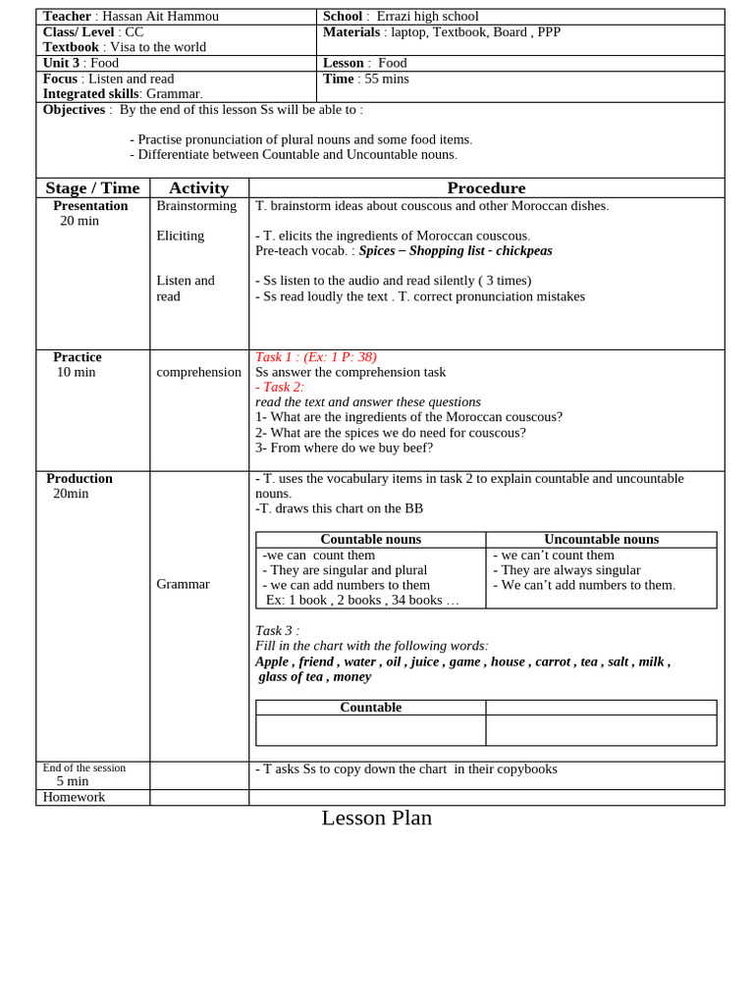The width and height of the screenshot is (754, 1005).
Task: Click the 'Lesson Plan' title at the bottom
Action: [x=376, y=818]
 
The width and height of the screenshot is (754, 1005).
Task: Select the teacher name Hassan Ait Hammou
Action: [x=161, y=17]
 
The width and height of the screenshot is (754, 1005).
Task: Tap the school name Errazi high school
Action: [x=427, y=17]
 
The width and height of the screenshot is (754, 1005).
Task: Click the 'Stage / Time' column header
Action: [x=92, y=188]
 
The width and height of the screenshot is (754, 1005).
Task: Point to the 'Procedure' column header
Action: [x=486, y=188]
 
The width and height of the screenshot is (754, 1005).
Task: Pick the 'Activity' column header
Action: [x=198, y=188]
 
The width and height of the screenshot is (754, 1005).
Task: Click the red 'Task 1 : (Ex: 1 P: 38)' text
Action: [x=315, y=357]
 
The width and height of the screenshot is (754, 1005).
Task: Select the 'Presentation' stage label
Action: [x=90, y=206]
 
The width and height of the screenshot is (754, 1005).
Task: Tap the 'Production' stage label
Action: [x=80, y=479]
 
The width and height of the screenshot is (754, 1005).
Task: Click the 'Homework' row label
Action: [x=74, y=797]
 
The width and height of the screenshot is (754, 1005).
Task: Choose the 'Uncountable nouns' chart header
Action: [x=601, y=540]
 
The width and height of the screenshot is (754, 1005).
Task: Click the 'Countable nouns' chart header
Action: [x=370, y=540]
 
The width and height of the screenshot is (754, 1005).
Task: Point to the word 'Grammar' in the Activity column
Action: [x=183, y=584]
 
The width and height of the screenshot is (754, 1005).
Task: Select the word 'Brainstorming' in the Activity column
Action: [x=196, y=206]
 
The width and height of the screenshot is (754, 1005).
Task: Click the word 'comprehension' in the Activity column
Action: [x=198, y=372]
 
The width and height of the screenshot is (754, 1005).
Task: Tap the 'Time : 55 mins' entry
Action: [x=365, y=79]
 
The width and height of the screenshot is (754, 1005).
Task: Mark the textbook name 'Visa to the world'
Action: [x=157, y=47]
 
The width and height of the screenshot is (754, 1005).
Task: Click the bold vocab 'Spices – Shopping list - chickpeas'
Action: [x=456, y=251]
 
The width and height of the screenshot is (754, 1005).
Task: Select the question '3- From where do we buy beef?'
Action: [x=344, y=448]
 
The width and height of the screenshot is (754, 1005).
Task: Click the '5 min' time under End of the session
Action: [x=73, y=781]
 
